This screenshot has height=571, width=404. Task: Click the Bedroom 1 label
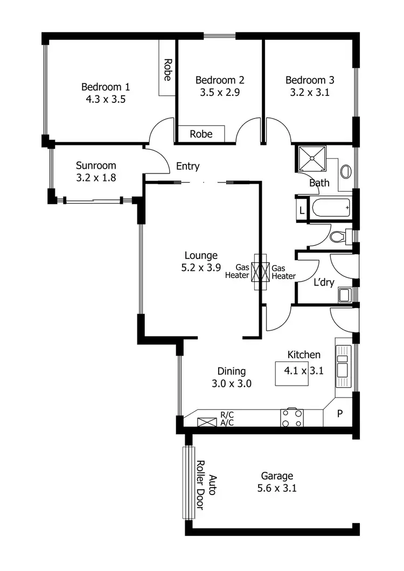106,86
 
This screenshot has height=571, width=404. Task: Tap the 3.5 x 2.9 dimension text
219,92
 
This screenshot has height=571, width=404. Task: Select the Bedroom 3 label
310,80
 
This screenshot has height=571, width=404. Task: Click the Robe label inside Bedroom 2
201,134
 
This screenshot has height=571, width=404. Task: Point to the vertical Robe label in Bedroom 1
167,69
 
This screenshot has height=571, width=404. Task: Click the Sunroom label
96,165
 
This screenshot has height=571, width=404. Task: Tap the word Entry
188,166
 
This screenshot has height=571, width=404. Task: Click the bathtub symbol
330,207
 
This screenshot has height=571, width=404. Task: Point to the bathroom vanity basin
346,171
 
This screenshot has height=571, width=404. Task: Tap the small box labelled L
302,210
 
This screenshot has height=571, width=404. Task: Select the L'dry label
324,282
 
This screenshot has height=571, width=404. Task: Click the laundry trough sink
344,295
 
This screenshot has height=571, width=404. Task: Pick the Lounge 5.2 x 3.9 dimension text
201,267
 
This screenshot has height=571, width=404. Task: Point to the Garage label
277,476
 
